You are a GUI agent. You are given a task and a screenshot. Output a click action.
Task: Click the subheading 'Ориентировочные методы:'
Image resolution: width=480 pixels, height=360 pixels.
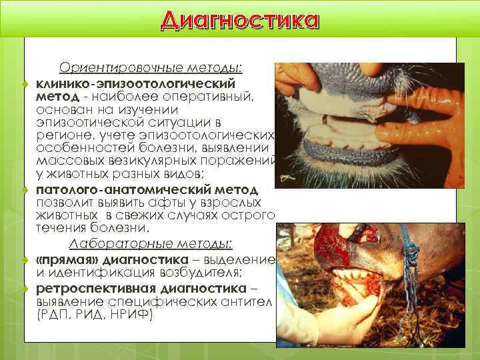coord(151,68)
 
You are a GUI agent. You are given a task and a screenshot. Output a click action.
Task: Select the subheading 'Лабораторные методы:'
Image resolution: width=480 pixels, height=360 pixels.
coord(157,244)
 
